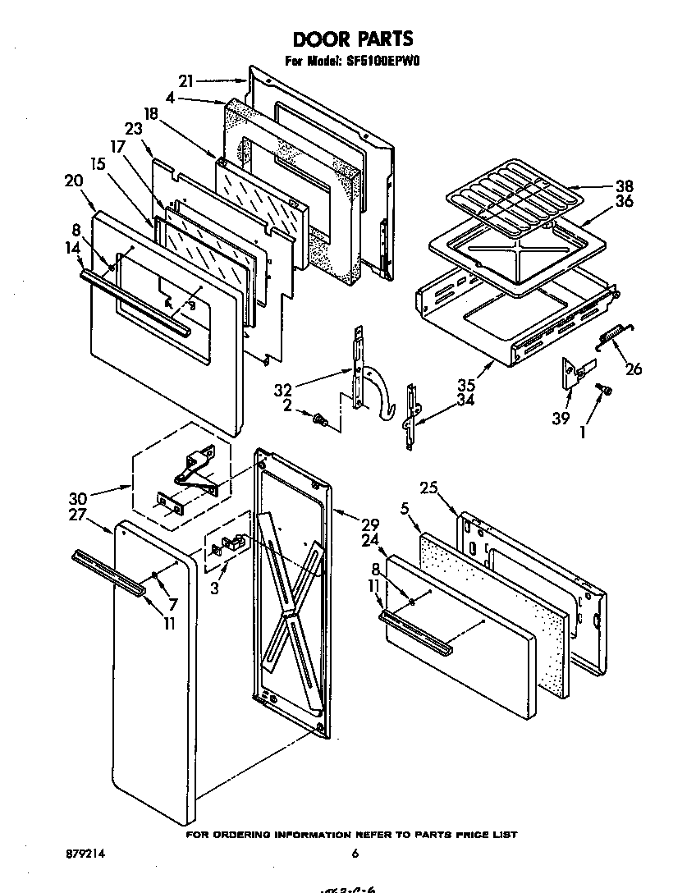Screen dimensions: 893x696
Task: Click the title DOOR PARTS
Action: (353, 39)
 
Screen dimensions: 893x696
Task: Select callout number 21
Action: (185, 80)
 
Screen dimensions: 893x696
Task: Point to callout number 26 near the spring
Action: (633, 369)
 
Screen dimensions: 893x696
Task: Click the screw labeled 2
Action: (320, 421)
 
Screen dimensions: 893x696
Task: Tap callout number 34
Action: (465, 400)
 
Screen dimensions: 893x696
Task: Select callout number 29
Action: (370, 523)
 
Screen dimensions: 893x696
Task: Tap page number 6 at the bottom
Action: (355, 854)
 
